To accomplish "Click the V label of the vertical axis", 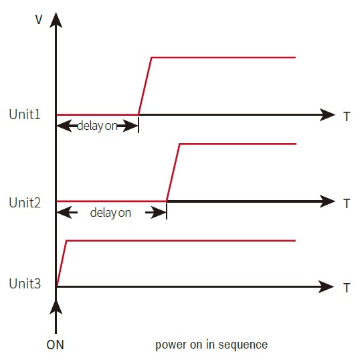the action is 39,19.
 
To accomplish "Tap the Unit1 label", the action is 25,114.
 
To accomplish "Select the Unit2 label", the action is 25,203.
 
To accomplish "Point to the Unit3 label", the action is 25,284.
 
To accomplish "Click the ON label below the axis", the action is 55,345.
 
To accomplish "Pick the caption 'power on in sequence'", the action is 211,345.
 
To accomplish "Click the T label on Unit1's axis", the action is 347,116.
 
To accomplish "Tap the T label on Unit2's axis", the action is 347,203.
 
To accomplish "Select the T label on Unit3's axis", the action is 347,288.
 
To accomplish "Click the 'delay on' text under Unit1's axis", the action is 97,126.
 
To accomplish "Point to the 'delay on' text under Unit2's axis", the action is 110,213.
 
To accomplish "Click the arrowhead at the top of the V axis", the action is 56,20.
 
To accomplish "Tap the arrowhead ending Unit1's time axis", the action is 327,114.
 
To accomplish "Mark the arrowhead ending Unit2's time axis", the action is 327,201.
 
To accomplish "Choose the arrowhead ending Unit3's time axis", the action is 326,287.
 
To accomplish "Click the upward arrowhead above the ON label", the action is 56,307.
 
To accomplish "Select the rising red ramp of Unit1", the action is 145,86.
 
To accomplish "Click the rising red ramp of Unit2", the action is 173,173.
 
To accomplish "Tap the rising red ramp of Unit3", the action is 62,264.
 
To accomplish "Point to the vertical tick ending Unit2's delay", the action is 167,210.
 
